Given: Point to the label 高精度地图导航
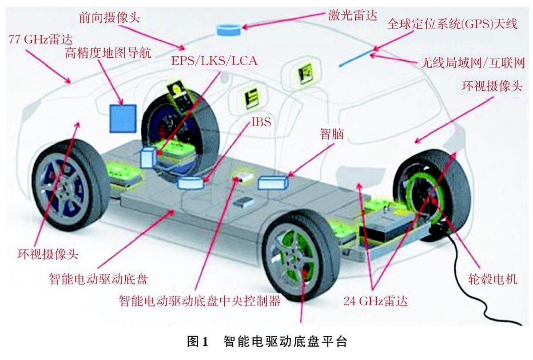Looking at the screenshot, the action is point(108,54).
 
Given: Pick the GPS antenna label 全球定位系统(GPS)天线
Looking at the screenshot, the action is point(452,24).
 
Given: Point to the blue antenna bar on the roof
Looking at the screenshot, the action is point(355,59).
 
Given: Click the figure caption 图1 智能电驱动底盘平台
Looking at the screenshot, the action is point(266,342).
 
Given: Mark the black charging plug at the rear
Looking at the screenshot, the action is point(438,231).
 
